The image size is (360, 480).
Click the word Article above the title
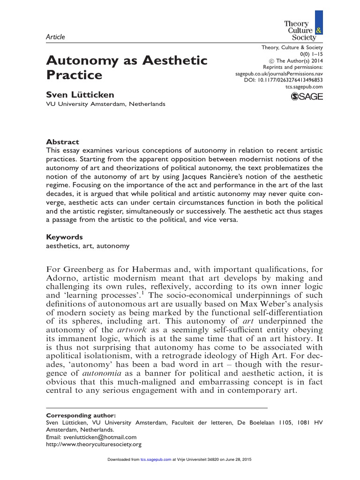pyautogui.click(x=55, y=37)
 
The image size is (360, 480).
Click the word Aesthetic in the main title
pyautogui.click(x=174, y=60)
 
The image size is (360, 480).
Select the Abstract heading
pyautogui.click(x=62, y=142)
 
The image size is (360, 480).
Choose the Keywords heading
pyautogui.click(x=64, y=237)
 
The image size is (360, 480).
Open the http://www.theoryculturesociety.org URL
pyautogui.click(x=94, y=444)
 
